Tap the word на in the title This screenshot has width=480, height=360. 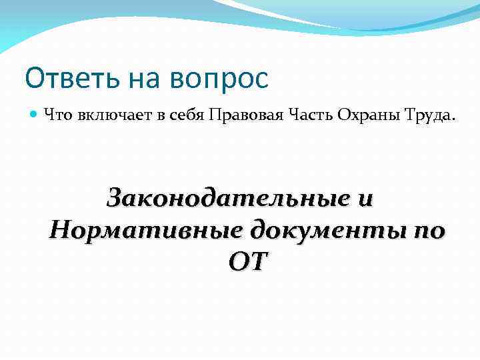tap(142, 79)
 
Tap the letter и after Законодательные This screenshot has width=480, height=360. tap(366, 199)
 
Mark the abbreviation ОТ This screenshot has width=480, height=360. tap(246, 262)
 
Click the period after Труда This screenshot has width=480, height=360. tap(455, 120)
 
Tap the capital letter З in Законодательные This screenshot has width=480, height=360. tap(117, 198)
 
